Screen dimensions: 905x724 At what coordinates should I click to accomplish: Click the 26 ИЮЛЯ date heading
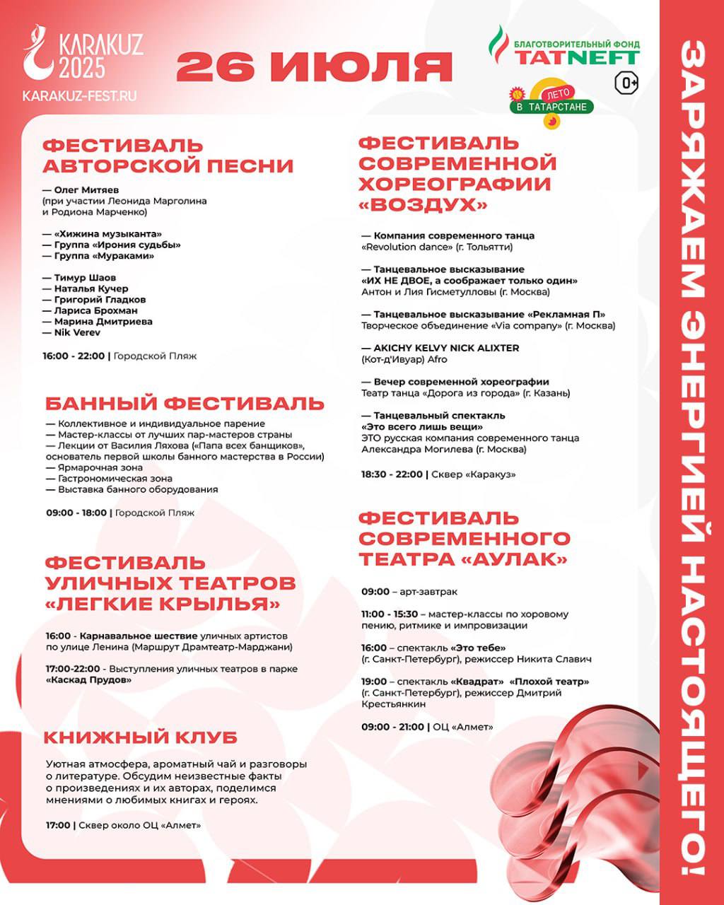314,67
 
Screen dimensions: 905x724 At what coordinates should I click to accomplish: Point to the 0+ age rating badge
626,83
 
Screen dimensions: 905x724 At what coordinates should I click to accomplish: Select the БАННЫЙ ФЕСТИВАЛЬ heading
185,404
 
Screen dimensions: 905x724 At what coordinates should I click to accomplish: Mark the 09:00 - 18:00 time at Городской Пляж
75,513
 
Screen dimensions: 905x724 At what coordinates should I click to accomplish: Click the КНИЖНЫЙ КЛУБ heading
141,737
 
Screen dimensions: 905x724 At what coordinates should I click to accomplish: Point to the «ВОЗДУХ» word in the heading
423,205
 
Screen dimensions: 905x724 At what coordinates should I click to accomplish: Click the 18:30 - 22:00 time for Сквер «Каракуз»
392,474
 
